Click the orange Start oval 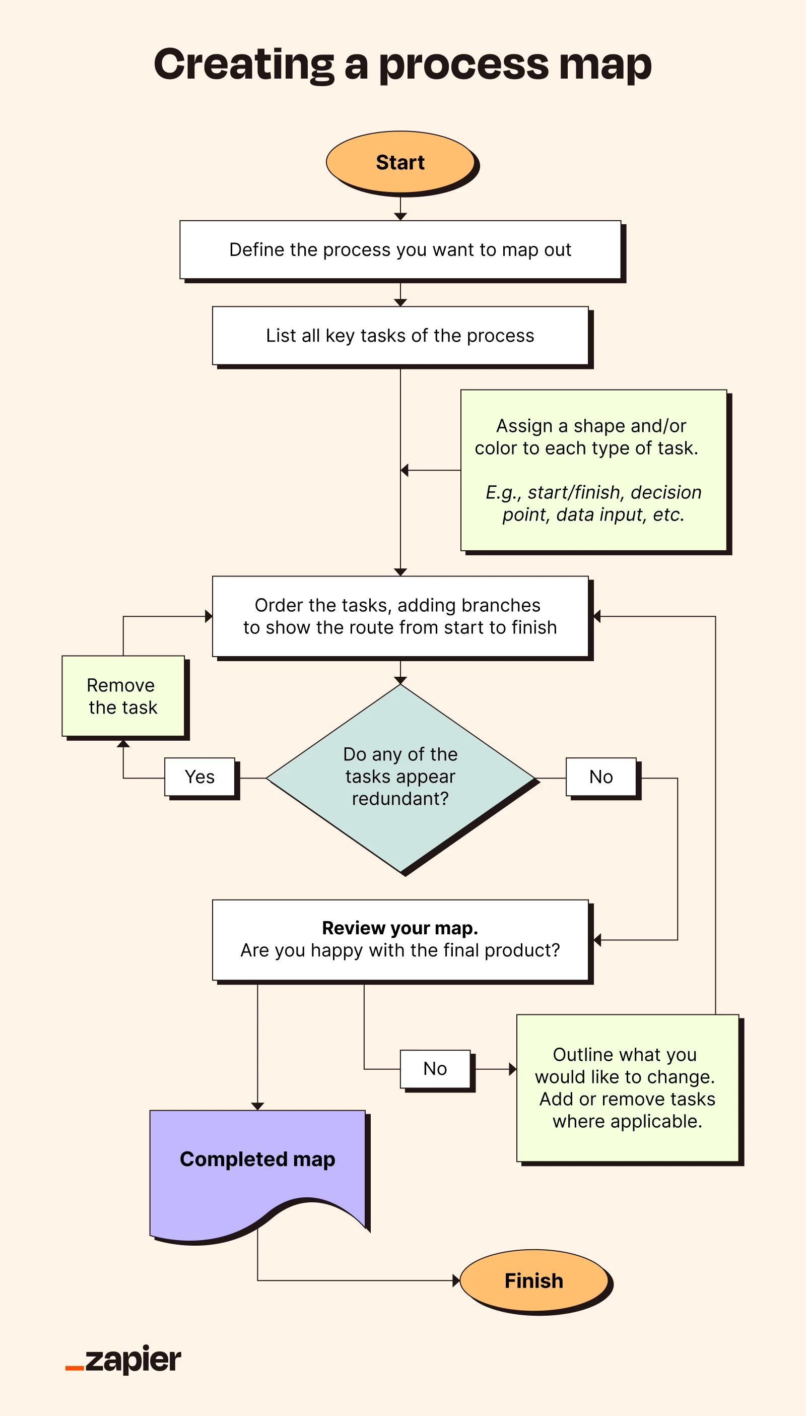click(x=400, y=162)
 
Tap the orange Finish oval click(x=534, y=1281)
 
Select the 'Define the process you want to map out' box click(x=400, y=250)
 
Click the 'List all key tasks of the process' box click(x=400, y=336)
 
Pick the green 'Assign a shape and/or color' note click(x=593, y=470)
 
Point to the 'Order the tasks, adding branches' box click(x=400, y=616)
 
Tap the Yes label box click(x=200, y=777)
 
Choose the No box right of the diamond click(x=601, y=777)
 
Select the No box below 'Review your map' click(x=435, y=1069)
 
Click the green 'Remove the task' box click(x=123, y=696)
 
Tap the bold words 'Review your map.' click(x=400, y=928)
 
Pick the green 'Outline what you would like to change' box click(x=627, y=1088)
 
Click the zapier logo click(x=124, y=1360)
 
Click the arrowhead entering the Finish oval click(x=456, y=1280)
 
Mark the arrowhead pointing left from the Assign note click(x=405, y=470)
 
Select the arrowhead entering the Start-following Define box click(x=400, y=217)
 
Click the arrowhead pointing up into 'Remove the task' click(x=123, y=744)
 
